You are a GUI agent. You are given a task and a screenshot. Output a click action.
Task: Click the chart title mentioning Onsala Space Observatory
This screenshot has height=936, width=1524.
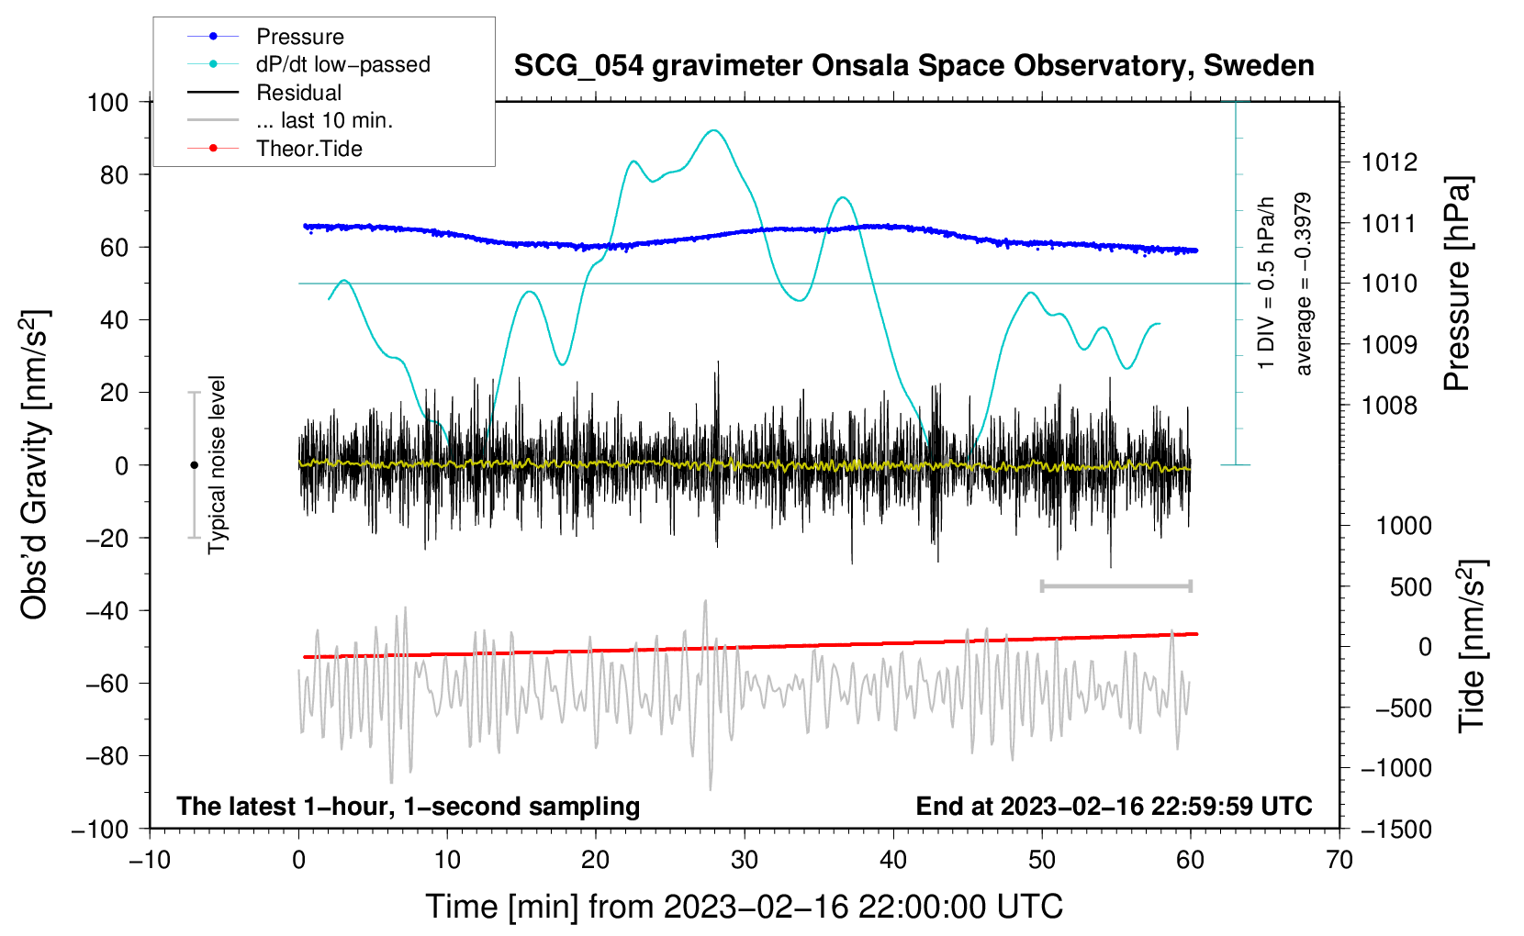pyautogui.click(x=913, y=66)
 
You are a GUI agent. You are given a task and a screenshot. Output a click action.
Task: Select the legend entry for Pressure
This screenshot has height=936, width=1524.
pyautogui.click(x=299, y=37)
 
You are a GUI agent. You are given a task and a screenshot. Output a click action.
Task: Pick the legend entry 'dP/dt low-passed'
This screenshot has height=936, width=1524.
pyautogui.click(x=342, y=64)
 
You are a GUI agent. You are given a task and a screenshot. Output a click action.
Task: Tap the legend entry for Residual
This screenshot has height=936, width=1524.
pyautogui.click(x=298, y=93)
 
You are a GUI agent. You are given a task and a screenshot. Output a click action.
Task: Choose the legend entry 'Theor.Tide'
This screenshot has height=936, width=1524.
pyautogui.click(x=308, y=149)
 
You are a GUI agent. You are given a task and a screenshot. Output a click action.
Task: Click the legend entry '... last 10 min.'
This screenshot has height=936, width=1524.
pyautogui.click(x=324, y=120)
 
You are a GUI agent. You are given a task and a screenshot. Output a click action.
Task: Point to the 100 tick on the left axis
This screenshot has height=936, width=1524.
pyautogui.click(x=107, y=102)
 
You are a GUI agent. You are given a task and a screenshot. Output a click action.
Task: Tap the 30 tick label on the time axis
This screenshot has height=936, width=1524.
pyautogui.click(x=745, y=860)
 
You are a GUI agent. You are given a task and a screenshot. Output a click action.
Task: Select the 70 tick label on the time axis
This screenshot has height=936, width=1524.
pyautogui.click(x=1339, y=860)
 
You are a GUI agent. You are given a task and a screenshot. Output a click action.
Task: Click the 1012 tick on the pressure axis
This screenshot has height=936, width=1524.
pyautogui.click(x=1389, y=162)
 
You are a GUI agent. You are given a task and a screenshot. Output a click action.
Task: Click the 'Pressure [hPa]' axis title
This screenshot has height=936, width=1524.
pyautogui.click(x=1456, y=284)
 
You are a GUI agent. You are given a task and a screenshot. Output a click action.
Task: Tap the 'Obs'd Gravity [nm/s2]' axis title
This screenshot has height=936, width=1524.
pyautogui.click(x=35, y=465)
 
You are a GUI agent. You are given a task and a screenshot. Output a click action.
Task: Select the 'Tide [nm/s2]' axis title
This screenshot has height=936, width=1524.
pyautogui.click(x=1472, y=647)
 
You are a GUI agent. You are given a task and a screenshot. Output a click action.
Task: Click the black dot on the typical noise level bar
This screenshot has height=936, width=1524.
pyautogui.click(x=194, y=465)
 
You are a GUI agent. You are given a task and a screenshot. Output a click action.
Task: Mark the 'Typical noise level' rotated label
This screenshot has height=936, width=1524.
pyautogui.click(x=217, y=465)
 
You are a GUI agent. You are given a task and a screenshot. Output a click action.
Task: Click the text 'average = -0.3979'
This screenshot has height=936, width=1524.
pyautogui.click(x=1303, y=284)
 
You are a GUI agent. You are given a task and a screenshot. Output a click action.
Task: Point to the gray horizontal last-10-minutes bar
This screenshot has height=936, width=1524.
pyautogui.click(x=1115, y=585)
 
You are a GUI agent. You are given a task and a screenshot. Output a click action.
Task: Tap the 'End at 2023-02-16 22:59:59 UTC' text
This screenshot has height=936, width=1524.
pyautogui.click(x=1114, y=806)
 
